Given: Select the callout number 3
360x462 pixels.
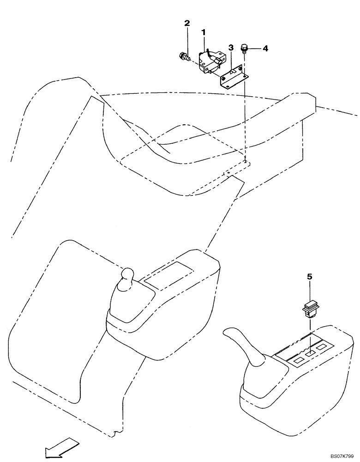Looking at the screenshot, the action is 231,48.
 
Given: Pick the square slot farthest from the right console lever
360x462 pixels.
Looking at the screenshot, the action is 321,346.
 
